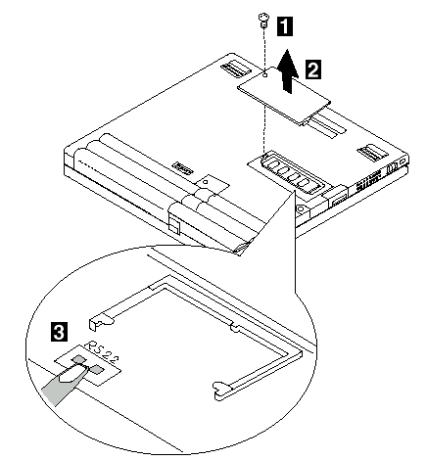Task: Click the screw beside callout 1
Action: click(263, 21)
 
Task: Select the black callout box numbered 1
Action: click(285, 26)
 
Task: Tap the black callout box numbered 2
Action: click(312, 69)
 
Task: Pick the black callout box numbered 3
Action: click(60, 332)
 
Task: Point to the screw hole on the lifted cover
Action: click(265, 75)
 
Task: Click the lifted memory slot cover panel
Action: click(283, 95)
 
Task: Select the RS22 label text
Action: click(102, 352)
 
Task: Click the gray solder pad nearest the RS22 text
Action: click(79, 359)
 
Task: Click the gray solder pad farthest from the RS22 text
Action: click(97, 369)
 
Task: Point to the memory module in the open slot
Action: click(292, 174)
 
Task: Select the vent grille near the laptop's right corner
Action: click(372, 152)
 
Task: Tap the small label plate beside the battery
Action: click(182, 168)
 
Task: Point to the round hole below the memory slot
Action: click(300, 208)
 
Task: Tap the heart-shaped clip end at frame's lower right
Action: click(221, 389)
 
